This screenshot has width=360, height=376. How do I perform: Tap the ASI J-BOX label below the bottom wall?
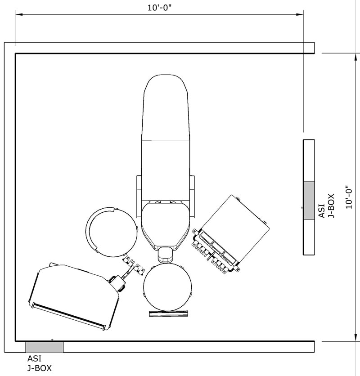click(x=40, y=363)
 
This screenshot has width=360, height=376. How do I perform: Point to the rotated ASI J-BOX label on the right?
click(x=327, y=206)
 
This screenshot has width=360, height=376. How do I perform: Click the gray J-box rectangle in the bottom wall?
click(x=44, y=347)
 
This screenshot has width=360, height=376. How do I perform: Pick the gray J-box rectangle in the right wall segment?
click(x=309, y=201)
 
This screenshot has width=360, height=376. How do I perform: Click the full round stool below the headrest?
click(x=167, y=286)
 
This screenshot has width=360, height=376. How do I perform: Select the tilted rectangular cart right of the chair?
click(x=234, y=229)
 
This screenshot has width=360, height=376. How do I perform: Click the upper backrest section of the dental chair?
click(x=165, y=108)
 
